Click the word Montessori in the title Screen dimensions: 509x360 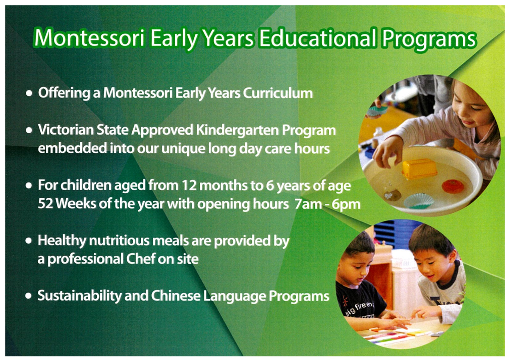(x=89, y=38)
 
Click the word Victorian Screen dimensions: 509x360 (x=65, y=129)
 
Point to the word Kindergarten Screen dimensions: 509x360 (x=237, y=130)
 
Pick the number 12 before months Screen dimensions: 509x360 (x=189, y=186)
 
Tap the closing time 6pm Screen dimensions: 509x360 (x=346, y=205)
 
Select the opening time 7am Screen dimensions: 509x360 (x=308, y=204)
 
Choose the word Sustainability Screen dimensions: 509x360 (x=80, y=296)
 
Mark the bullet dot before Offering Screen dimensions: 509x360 (x=29, y=93)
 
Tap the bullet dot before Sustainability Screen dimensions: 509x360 (x=28, y=296)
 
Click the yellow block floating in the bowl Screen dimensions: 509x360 (x=419, y=168)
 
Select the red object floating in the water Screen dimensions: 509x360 (x=453, y=186)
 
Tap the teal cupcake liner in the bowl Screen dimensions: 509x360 (x=419, y=200)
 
